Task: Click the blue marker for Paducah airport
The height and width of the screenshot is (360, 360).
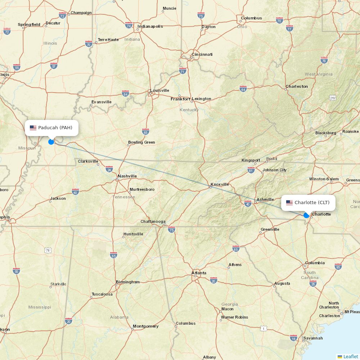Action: [x=51, y=142]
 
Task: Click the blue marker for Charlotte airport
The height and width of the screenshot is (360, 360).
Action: [x=306, y=215]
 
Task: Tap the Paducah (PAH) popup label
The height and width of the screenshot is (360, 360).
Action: [x=51, y=128]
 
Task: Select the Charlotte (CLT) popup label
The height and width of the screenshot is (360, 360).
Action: [x=308, y=203]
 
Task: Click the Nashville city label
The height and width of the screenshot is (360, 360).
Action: [x=127, y=176]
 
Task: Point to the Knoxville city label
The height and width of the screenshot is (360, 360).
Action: [x=220, y=184]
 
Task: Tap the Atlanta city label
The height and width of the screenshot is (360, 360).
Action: [x=199, y=273]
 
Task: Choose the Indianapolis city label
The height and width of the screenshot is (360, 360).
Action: [x=150, y=26]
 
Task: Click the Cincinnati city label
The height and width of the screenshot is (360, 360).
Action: [x=202, y=54]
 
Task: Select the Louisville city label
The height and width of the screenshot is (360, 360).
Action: [x=159, y=90]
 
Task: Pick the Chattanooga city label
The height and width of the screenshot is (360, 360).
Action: [x=153, y=221]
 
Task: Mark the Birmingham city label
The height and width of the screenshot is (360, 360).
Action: [x=127, y=282]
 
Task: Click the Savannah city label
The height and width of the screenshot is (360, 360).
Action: [x=313, y=338]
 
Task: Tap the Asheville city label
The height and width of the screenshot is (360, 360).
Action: [x=265, y=200]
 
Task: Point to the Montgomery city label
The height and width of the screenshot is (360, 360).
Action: [x=145, y=326]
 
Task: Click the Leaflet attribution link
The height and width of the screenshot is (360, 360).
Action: [x=350, y=356]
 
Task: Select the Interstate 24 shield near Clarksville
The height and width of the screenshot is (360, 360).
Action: [x=109, y=169]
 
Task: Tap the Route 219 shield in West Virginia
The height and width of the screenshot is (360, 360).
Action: [x=332, y=98]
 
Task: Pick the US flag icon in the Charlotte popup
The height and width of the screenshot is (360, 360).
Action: [x=289, y=203]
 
